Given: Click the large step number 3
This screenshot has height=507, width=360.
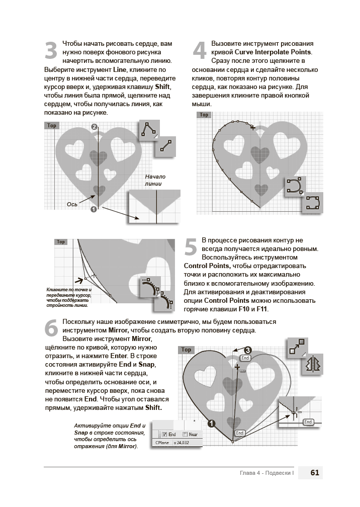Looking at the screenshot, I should pyautogui.click(x=51, y=52).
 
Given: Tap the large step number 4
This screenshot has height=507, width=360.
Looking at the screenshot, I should pyautogui.click(x=200, y=51).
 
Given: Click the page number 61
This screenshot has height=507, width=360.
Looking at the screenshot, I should pyautogui.click(x=315, y=473).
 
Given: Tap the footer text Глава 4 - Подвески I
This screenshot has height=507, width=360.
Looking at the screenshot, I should pyautogui.click(x=266, y=473).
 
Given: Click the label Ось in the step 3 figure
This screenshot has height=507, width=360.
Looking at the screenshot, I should pyautogui.click(x=71, y=204).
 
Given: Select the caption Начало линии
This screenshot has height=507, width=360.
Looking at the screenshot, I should pyautogui.click(x=155, y=180).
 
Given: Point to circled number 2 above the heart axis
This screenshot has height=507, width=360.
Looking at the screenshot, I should pyautogui.click(x=94, y=127).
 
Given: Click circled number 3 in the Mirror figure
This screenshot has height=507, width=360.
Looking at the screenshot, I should pyautogui.click(x=247, y=350).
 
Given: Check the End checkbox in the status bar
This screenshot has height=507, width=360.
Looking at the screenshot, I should pyautogui.click(x=164, y=434).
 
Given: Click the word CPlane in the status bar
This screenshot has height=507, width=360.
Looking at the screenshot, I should pyautogui.click(x=161, y=443).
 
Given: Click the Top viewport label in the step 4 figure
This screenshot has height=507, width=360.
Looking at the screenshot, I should pyautogui.click(x=204, y=115).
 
